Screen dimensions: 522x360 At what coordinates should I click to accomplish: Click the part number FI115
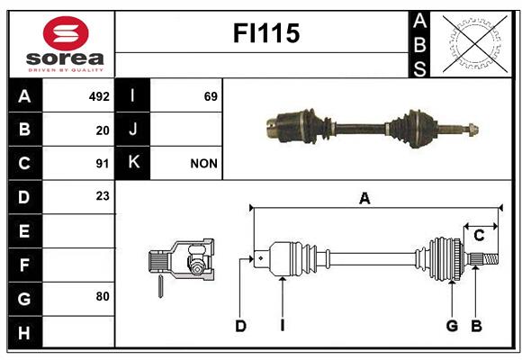click(266, 33)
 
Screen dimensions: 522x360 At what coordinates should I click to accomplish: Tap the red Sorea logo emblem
click(66, 33)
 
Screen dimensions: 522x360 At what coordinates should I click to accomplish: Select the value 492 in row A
click(99, 96)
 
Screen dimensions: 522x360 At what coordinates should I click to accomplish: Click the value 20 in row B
click(103, 130)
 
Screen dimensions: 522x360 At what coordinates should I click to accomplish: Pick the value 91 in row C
click(103, 164)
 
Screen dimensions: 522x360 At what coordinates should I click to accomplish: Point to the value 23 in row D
click(103, 196)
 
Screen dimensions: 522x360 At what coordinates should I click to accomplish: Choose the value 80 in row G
click(103, 296)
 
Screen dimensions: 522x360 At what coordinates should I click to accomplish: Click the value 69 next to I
click(211, 96)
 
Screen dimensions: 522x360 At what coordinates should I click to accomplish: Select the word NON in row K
click(203, 164)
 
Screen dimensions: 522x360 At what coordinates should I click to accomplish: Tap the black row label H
click(25, 332)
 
